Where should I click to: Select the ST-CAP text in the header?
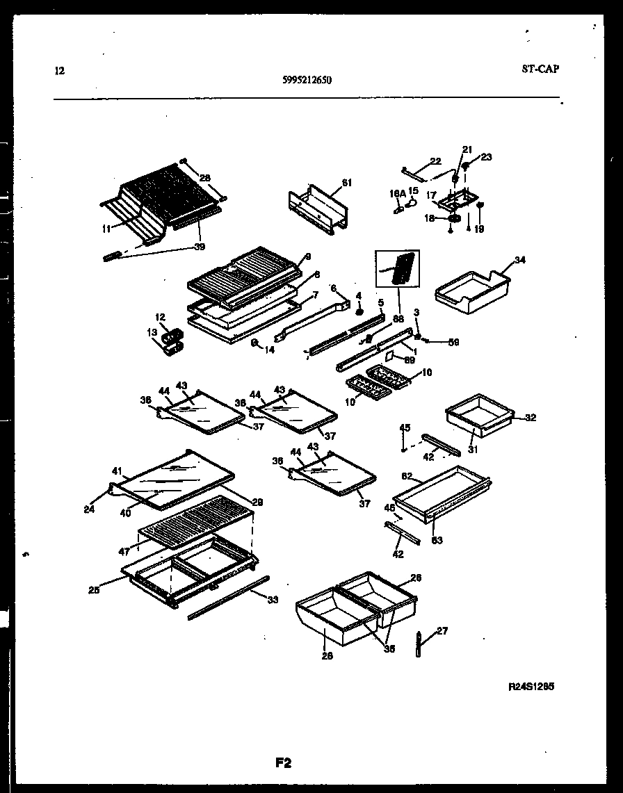(540, 69)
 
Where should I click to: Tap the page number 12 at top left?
(59, 70)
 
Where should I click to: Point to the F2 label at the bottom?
(283, 762)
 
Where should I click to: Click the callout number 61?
(346, 183)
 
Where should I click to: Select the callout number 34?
(520, 261)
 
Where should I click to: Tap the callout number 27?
(442, 631)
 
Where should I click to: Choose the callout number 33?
(272, 600)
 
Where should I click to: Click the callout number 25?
(94, 590)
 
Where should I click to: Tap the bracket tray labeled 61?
(316, 206)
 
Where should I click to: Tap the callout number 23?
(485, 157)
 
